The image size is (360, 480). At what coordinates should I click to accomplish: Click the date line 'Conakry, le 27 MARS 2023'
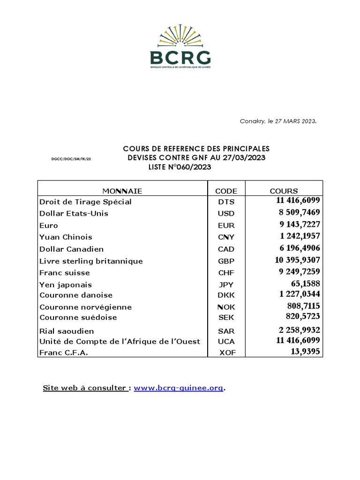click(x=278, y=121)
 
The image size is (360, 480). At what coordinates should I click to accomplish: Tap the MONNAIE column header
click(x=122, y=191)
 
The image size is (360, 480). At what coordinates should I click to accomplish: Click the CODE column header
click(x=226, y=191)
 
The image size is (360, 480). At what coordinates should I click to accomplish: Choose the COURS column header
click(x=284, y=191)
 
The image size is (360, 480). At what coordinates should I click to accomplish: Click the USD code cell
click(x=226, y=214)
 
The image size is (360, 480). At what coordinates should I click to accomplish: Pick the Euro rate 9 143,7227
click(x=300, y=225)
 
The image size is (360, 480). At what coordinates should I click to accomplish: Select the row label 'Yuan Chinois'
click(x=66, y=237)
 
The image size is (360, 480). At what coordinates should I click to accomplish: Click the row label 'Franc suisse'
click(x=65, y=273)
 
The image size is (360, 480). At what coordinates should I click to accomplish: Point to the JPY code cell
click(x=226, y=285)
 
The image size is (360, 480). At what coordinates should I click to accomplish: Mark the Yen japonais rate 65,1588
click(x=306, y=284)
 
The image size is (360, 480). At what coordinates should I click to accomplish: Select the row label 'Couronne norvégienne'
click(x=86, y=307)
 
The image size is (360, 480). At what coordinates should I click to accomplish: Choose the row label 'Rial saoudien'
click(x=67, y=331)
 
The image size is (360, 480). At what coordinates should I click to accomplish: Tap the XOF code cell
click(x=226, y=352)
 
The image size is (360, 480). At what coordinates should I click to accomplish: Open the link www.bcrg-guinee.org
click(x=179, y=388)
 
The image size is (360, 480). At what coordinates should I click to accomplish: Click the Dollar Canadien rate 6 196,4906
click(x=300, y=248)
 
